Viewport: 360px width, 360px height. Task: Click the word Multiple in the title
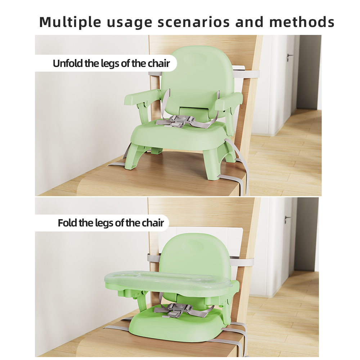70,22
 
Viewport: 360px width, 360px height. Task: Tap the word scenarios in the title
194,22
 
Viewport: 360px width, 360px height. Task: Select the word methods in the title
302,22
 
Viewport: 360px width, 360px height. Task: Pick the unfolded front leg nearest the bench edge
212,165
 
